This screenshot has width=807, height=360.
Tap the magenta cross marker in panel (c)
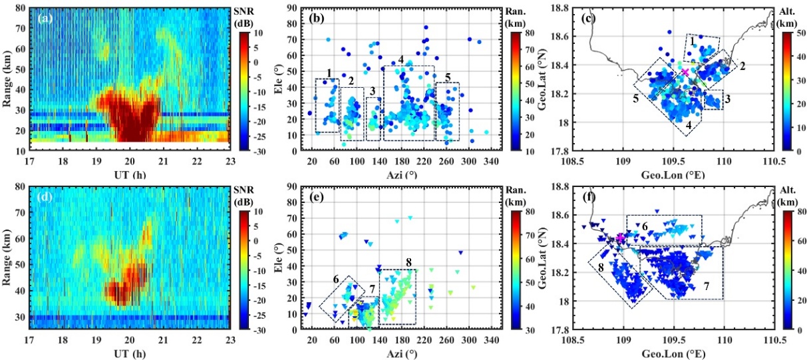pos(685,73)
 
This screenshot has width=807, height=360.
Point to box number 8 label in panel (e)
pos(407,263)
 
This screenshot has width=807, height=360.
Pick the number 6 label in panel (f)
pos(645,227)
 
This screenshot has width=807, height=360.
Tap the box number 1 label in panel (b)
pos(329,72)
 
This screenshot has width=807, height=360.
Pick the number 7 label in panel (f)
pos(707,285)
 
